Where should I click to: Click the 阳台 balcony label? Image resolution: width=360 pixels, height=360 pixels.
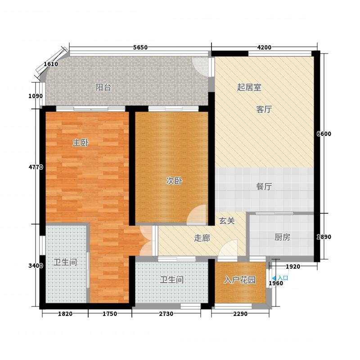point(103,87)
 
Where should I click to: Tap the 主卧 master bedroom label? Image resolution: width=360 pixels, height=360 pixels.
point(81,143)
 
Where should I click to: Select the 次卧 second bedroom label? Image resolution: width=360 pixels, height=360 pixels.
point(174,181)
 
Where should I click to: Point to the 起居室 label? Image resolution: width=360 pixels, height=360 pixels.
point(249,87)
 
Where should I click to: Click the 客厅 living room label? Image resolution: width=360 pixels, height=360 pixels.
point(264,109)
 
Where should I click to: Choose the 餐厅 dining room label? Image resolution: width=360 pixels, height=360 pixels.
point(264,187)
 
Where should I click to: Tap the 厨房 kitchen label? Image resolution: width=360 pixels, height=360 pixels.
point(283,237)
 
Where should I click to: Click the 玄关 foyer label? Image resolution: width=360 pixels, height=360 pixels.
point(227,221)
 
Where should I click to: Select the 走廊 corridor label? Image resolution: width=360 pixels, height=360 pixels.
point(202,238)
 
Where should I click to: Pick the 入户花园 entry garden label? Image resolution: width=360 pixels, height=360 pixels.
point(240,280)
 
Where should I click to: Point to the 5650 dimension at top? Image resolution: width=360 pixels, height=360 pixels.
point(140,48)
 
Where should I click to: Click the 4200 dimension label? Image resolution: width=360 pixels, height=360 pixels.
point(264,48)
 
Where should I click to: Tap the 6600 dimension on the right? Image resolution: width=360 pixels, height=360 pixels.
point(324,134)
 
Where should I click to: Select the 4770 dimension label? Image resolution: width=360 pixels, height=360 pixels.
point(36,167)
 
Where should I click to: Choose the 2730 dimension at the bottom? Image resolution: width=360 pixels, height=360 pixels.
point(166,314)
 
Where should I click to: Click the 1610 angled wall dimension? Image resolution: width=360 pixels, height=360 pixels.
point(51,64)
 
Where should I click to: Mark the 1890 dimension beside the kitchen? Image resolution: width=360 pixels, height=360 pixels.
point(324,237)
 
